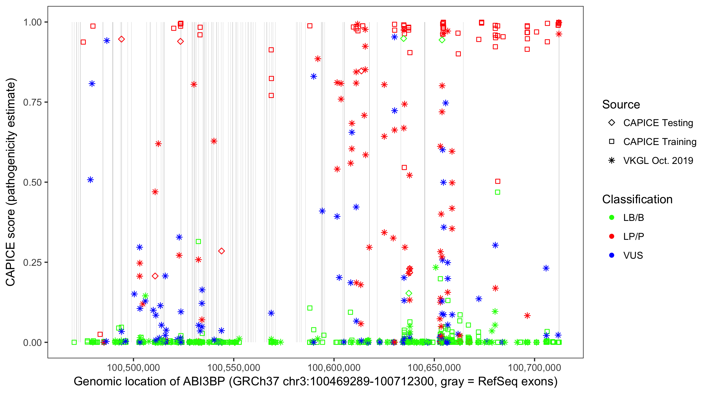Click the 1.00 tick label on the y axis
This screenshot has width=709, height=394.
pos(32,22)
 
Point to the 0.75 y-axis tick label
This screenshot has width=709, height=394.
pos(32,102)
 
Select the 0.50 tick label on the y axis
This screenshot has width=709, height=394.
pos(32,183)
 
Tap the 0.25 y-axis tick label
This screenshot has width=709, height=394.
pos(32,262)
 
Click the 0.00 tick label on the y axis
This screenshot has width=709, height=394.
pos(32,343)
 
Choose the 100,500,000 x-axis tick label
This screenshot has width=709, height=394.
pos(133,367)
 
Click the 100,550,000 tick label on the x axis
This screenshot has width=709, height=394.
pos(233,367)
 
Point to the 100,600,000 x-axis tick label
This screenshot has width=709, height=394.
pos(334,367)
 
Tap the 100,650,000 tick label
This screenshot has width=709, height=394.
pos(434,367)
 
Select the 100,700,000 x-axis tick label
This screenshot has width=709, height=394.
pos(534,367)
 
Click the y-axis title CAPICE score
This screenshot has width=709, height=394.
pos(11,182)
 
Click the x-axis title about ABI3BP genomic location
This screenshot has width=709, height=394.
pos(315,382)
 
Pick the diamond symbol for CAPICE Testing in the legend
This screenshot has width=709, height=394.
pos(612,122)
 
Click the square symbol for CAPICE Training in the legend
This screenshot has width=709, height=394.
pos(612,142)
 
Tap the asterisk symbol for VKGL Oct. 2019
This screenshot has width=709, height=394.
pos(612,160)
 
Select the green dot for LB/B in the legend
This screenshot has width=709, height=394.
pos(612,217)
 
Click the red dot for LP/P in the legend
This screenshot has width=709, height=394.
pos(612,236)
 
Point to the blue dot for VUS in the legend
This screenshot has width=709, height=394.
pos(612,255)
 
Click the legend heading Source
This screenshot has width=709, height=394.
pos(621,105)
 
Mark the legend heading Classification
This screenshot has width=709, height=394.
pos(637,199)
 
